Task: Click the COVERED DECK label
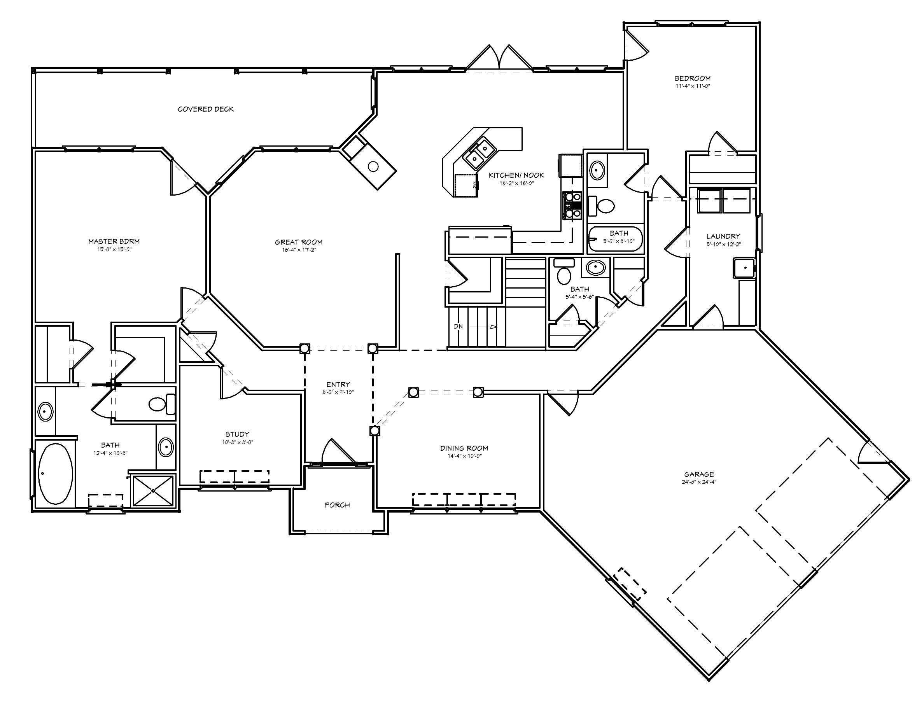pos(206,109)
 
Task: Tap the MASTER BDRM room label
pos(114,241)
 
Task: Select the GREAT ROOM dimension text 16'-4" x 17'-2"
pos(299,250)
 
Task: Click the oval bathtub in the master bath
pos(56,473)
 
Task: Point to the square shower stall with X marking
pos(153,491)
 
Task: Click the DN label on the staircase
pos(458,327)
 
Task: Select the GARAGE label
pos(699,474)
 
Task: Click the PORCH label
pos(337,505)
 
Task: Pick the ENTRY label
pos(338,384)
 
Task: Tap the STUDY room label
pos(237,434)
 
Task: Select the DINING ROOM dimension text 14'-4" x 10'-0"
pos(464,456)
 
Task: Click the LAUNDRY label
pos(723,236)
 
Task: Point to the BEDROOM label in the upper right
pos(692,78)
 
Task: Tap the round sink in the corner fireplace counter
pos(373,166)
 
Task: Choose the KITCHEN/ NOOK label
pos(516,175)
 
